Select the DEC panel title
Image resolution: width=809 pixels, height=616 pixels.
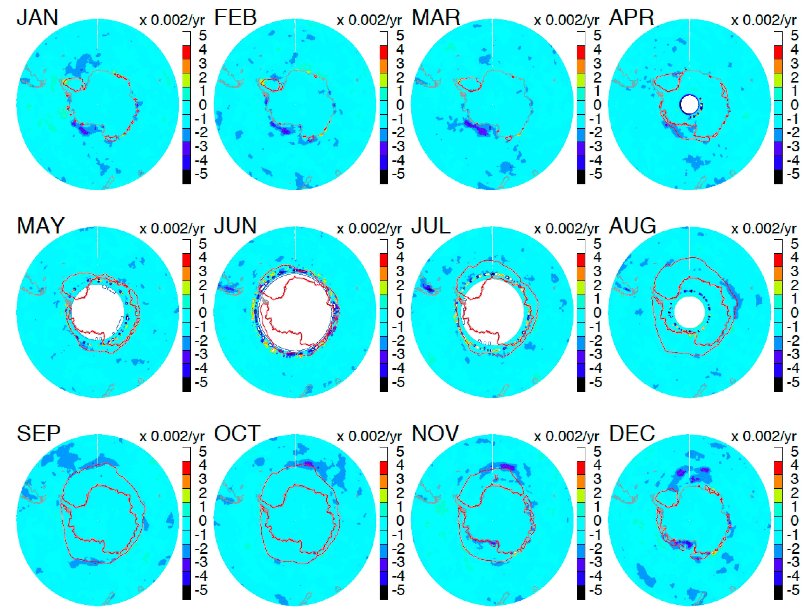pyautogui.click(x=631, y=433)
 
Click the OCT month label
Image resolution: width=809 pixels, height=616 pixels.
pyautogui.click(x=237, y=433)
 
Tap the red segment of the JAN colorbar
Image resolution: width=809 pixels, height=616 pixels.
pyautogui.click(x=186, y=52)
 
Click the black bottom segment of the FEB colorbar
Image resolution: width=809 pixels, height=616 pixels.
pyautogui.click(x=384, y=177)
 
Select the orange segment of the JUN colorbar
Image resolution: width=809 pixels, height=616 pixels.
pyautogui.click(x=384, y=274)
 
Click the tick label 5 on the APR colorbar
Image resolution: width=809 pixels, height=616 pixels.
pyautogui.click(x=794, y=36)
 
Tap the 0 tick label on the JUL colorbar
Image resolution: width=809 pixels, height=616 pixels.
pyautogui.click(x=597, y=313)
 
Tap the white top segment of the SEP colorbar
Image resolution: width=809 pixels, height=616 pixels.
pyautogui.click(x=186, y=454)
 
